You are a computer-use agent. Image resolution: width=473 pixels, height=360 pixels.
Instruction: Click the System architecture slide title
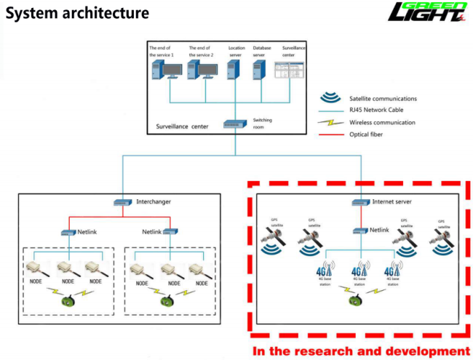pyautogui.click(x=77, y=12)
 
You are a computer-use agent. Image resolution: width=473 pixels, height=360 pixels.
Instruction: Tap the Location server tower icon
pyautogui.click(x=232, y=70)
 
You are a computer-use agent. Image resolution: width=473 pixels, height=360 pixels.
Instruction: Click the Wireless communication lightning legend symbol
pyautogui.click(x=332, y=122)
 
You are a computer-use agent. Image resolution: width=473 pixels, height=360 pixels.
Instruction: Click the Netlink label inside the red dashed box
pyautogui.click(x=380, y=230)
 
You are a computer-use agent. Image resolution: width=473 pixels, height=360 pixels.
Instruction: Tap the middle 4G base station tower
pyautogui.click(x=359, y=270)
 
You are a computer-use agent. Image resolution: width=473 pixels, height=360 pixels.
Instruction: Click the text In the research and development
pyautogui.click(x=361, y=351)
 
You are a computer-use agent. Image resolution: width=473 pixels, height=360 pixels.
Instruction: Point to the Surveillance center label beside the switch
pyautogui.click(x=183, y=126)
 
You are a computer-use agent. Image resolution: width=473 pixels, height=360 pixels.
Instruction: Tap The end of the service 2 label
pyautogui.click(x=200, y=51)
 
